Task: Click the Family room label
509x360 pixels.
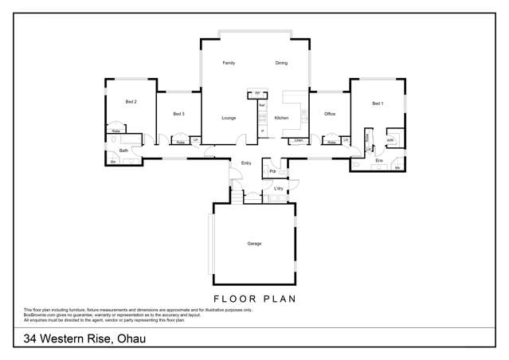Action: coord(229,63)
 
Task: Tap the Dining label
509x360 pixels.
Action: coord(281,63)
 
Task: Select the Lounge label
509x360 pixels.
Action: coord(229,118)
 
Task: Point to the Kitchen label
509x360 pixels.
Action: coord(281,118)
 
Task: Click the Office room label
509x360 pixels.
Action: coord(330,114)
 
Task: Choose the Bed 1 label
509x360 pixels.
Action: coord(378,104)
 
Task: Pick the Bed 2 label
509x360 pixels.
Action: coord(131,102)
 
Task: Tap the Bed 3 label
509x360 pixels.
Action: coord(178,114)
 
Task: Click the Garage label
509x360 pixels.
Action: coord(254,244)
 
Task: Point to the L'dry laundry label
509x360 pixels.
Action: coord(279,188)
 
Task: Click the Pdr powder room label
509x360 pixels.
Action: coord(273,171)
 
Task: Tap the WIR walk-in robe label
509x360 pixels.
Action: coord(390,140)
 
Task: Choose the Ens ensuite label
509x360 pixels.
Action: coord(379,161)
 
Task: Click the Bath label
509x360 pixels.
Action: coord(123,150)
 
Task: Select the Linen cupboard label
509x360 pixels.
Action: coord(299,141)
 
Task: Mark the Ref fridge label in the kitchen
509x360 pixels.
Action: coord(262,105)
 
